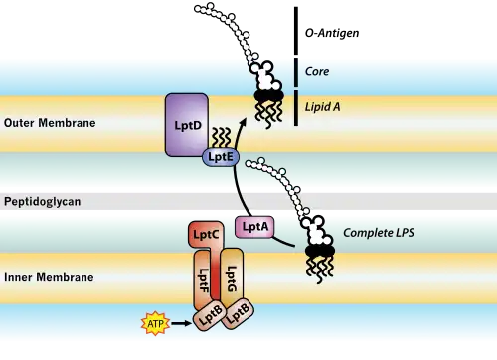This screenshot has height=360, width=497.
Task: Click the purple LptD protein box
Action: pos(187,125)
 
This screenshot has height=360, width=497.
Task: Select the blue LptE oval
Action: pos(221,157)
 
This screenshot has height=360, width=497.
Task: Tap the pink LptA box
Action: pos(254,227)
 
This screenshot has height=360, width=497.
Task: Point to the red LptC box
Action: pos(206,236)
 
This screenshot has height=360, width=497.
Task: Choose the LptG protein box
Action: pos(232,275)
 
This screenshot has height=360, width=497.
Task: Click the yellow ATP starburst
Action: pos(155,323)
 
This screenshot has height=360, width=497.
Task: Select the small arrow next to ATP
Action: pos(182,323)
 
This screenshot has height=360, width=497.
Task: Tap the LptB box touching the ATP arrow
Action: pos(210,317)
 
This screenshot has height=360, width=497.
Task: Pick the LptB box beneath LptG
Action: pos(238,313)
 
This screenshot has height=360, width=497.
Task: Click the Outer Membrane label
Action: pos(50,123)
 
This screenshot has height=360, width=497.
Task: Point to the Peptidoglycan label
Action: pos(43,202)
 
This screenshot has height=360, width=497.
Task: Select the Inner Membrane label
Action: pos(49,277)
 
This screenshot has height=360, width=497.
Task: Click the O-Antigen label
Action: pos(332,33)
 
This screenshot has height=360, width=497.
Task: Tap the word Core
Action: pos(317,71)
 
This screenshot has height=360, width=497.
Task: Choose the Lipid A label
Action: pos(322,107)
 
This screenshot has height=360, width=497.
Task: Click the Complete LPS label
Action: pos(379,233)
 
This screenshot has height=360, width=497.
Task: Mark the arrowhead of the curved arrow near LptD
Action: pos(243,120)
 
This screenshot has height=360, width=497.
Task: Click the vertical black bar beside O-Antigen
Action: pos(296,31)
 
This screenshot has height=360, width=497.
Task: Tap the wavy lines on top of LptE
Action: pos(221,138)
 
